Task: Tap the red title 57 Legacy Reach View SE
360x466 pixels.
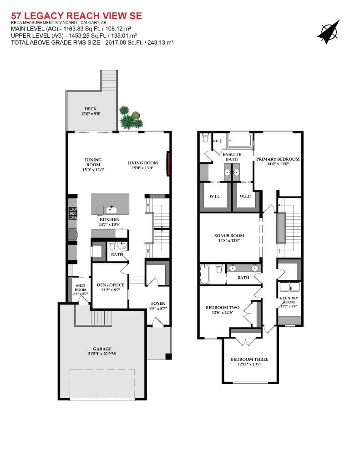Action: click(x=76, y=15)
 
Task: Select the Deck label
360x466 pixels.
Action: click(x=91, y=109)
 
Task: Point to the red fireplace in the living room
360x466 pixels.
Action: click(x=168, y=163)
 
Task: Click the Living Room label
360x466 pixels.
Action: click(x=143, y=163)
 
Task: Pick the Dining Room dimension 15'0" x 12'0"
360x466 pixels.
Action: click(x=93, y=170)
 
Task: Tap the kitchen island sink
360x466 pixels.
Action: click(x=112, y=208)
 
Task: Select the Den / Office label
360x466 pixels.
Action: click(x=111, y=285)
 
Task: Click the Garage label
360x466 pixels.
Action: click(x=102, y=349)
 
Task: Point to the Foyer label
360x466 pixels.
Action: click(x=158, y=304)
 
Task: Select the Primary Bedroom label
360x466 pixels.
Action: click(x=278, y=159)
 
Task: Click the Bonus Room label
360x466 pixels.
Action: click(x=229, y=236)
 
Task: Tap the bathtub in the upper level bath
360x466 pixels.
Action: click(x=204, y=274)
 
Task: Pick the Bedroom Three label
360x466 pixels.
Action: click(x=249, y=360)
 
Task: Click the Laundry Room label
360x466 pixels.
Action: click(x=289, y=300)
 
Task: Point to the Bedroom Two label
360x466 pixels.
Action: click(x=223, y=308)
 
